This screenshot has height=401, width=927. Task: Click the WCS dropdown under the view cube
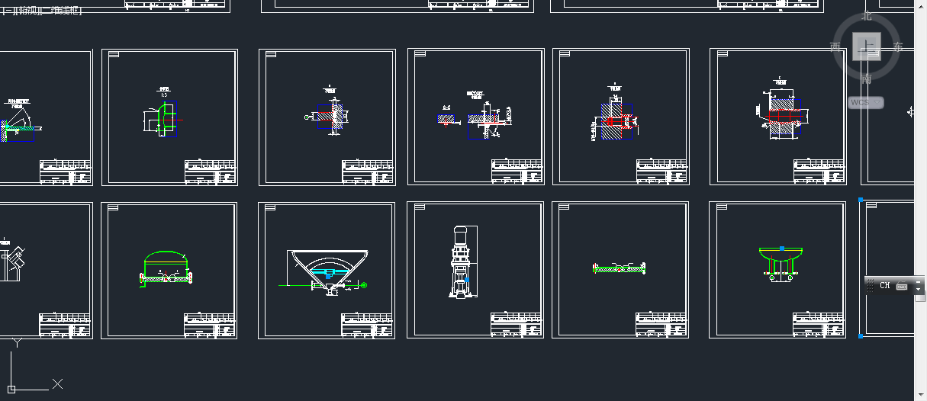pyautogui.click(x=866, y=102)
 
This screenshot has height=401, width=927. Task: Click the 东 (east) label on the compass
pyautogui.click(x=898, y=47)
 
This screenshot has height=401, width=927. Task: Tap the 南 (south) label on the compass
pyautogui.click(x=867, y=79)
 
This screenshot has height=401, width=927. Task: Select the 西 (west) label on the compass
pyautogui.click(x=835, y=47)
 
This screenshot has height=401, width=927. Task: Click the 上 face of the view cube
pyautogui.click(x=867, y=46)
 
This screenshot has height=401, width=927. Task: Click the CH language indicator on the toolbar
pyautogui.click(x=885, y=286)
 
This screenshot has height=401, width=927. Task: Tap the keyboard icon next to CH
pyautogui.click(x=901, y=286)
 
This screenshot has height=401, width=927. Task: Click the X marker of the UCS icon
pyautogui.click(x=57, y=383)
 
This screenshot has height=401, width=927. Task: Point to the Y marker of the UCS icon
pyautogui.click(x=16, y=343)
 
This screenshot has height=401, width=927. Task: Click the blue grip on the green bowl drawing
pyautogui.click(x=782, y=249)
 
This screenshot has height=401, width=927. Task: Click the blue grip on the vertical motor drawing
pyautogui.click(x=467, y=281)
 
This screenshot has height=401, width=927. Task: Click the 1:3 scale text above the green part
pyautogui.click(x=163, y=94)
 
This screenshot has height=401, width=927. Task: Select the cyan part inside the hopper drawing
pyautogui.click(x=330, y=272)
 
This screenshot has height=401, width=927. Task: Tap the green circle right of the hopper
pyautogui.click(x=363, y=285)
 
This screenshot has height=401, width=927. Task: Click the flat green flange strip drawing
pyautogui.click(x=620, y=268)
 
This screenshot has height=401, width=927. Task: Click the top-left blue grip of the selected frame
pyautogui.click(x=861, y=200)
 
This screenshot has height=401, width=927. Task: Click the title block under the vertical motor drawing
pyautogui.click(x=516, y=323)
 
